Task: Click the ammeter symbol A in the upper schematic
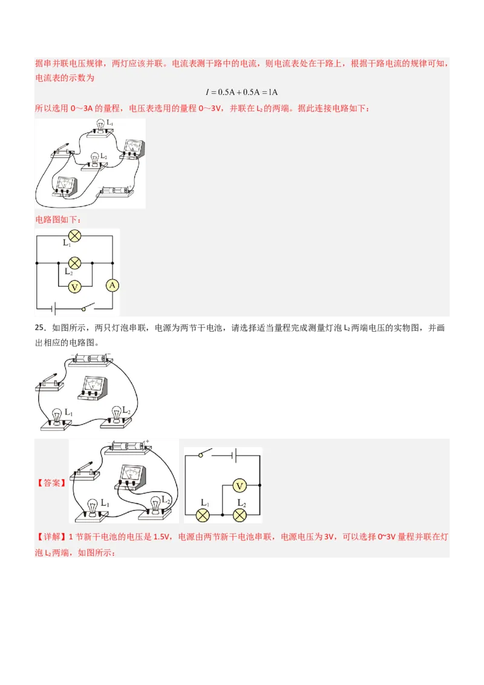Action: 112,285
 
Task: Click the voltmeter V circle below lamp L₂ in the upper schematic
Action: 74,287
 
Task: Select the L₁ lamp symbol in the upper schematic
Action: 74,235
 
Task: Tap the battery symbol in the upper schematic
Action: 54,309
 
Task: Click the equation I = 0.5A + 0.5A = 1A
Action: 241,92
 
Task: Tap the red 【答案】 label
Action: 51,483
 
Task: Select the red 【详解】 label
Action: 51,537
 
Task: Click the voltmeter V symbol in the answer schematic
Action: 240,485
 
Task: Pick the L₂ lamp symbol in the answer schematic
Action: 240,515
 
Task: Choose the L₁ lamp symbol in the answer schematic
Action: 204,515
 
